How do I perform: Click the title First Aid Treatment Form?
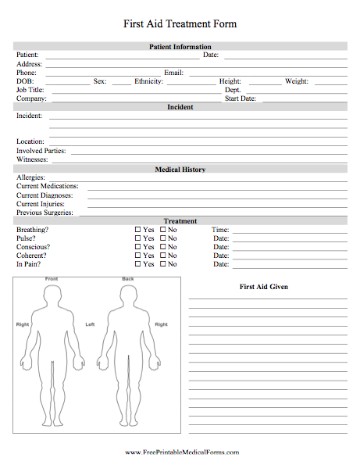tap(180, 24)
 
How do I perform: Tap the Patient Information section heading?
tap(180, 47)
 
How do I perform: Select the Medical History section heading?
tap(180, 170)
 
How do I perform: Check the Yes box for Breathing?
tap(138, 230)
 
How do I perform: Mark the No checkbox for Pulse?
tap(163, 238)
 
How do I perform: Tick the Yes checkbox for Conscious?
tap(138, 247)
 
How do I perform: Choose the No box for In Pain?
tap(163, 264)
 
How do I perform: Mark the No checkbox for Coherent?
tap(163, 256)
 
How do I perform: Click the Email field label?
tap(173, 73)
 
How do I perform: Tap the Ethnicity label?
tap(148, 81)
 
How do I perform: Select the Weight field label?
tap(297, 81)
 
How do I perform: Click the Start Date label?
tap(241, 98)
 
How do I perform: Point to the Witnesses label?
tap(32, 159)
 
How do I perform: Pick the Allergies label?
tap(30, 178)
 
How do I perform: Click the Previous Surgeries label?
tap(45, 213)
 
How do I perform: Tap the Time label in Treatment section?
tap(220, 230)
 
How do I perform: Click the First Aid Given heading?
tap(263, 287)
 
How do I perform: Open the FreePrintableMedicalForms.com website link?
tap(180, 452)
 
